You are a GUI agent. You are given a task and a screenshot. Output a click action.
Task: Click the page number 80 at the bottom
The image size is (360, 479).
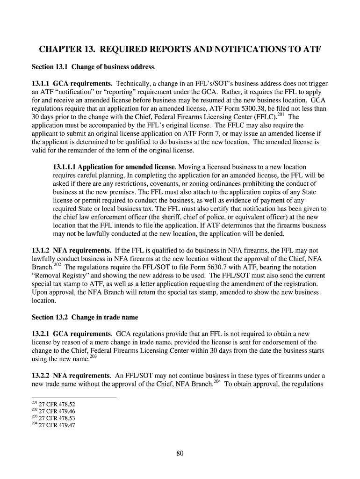[x=180, y=453]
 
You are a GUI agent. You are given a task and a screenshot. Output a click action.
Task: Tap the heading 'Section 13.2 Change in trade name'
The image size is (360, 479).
[x=85, y=317]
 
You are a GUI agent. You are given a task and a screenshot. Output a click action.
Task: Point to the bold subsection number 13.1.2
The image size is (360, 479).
[x=40, y=250]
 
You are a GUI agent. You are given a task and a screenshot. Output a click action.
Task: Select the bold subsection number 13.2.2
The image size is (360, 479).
[x=40, y=376]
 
